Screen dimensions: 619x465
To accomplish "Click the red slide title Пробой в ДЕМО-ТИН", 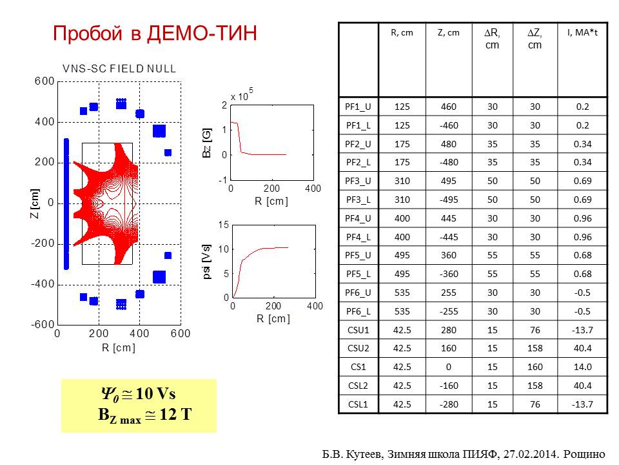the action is pyautogui.click(x=155, y=33).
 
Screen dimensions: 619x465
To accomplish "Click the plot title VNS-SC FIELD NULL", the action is pyautogui.click(x=119, y=69).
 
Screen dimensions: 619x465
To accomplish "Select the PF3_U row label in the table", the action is pyautogui.click(x=358, y=181).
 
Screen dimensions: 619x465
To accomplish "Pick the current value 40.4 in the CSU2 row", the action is pyautogui.click(x=582, y=348).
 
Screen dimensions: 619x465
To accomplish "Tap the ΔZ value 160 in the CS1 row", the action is pyautogui.click(x=535, y=367).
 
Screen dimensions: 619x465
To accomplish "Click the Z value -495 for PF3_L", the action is pyautogui.click(x=449, y=200).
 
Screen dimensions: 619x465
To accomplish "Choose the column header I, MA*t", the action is pyautogui.click(x=582, y=33).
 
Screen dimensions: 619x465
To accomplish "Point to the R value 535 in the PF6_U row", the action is pyautogui.click(x=402, y=293).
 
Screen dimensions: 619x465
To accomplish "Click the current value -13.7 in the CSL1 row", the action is pyautogui.click(x=582, y=404).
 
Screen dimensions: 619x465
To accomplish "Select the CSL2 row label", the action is pyautogui.click(x=358, y=386).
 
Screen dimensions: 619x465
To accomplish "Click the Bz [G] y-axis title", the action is pyautogui.click(x=207, y=143).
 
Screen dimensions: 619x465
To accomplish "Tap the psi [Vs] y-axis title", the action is pyautogui.click(x=207, y=262).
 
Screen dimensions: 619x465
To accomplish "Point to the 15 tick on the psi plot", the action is pyautogui.click(x=224, y=225).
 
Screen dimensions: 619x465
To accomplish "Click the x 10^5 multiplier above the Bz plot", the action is pyautogui.click(x=242, y=95).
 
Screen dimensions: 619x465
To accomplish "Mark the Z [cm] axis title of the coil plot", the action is pyautogui.click(x=35, y=203).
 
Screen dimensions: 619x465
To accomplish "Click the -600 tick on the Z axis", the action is pyautogui.click(x=43, y=325).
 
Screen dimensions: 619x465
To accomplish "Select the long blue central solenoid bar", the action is pyautogui.click(x=66, y=204).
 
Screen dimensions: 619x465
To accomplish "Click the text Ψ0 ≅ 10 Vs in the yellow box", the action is pyautogui.click(x=138, y=394).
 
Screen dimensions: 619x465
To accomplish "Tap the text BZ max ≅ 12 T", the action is pyautogui.click(x=145, y=415).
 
